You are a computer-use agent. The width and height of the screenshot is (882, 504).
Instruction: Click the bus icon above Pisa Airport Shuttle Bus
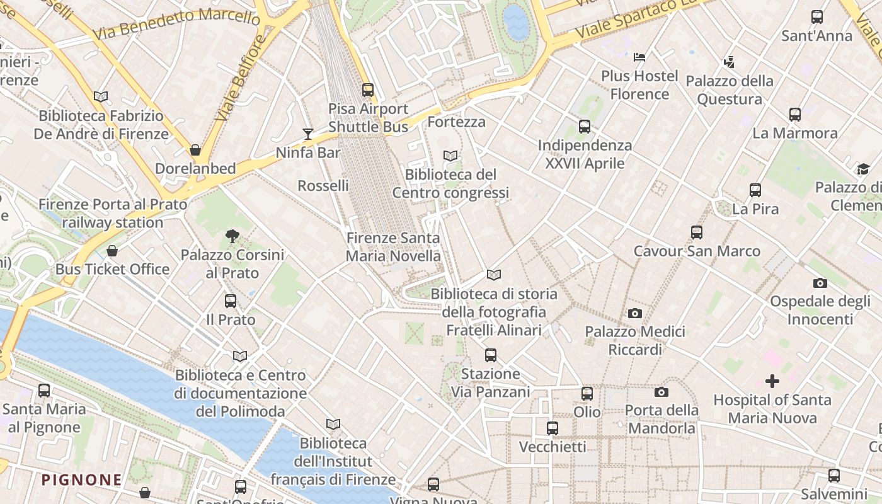pos(368,90)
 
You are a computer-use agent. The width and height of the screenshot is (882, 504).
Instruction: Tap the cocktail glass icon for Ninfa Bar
pos(308,134)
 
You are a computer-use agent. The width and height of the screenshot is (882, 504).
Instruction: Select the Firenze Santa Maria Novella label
pos(393,247)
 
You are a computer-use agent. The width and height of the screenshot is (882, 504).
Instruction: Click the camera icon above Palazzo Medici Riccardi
pos(635,313)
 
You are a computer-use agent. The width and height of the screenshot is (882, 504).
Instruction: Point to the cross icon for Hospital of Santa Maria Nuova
pos(772,381)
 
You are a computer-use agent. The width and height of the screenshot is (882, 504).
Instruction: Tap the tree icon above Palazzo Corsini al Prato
pos(232,237)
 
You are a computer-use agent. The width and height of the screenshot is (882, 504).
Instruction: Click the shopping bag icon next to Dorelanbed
pos(195,150)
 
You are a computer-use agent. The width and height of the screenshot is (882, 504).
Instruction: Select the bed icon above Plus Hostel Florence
pos(639,57)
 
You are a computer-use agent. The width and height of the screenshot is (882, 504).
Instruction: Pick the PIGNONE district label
pos(82,480)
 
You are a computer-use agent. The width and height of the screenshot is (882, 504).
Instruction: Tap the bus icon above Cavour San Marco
pos(696,232)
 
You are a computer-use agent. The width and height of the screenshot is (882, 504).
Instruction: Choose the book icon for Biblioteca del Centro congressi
pos(450,156)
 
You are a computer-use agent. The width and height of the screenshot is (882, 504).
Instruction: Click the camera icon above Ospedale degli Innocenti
pos(820,283)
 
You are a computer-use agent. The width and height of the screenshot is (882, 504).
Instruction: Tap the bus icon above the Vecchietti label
pos(553,428)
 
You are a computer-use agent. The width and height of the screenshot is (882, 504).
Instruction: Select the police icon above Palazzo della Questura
pos(729,62)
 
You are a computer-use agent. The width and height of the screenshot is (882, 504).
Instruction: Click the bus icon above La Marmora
pos(795,115)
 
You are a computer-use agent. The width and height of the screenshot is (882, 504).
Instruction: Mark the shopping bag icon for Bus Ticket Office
pos(112,251)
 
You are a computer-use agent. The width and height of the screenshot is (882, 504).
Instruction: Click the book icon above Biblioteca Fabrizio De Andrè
pos(101,97)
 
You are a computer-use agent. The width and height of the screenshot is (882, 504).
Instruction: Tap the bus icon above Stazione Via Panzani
pos(491,355)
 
